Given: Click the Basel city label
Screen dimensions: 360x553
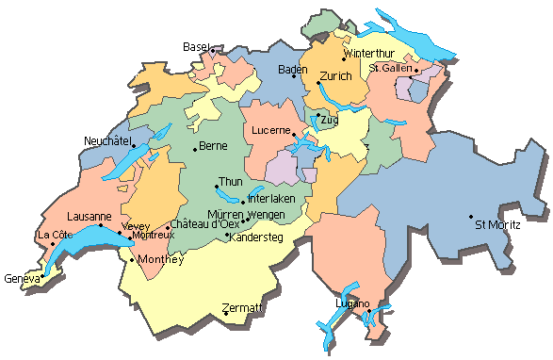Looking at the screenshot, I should [195, 46].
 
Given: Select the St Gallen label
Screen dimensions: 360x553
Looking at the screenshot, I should [392, 68].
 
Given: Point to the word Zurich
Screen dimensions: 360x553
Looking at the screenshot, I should [335, 75].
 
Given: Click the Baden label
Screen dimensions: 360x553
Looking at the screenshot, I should [293, 70].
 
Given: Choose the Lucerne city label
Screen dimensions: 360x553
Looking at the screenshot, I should [270, 131].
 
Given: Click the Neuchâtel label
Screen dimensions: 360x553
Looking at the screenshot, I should [106, 140].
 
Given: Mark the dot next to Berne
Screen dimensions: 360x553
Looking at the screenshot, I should [195, 148].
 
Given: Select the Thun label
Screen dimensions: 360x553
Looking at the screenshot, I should [230, 181].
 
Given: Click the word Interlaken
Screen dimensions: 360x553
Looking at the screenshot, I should [271, 199].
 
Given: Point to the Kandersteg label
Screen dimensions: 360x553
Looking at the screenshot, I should [256, 237].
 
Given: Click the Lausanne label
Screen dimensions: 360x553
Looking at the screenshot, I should [89, 216].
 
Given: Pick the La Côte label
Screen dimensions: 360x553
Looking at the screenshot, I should [55, 235].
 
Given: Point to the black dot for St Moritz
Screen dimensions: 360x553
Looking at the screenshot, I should [472, 218].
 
